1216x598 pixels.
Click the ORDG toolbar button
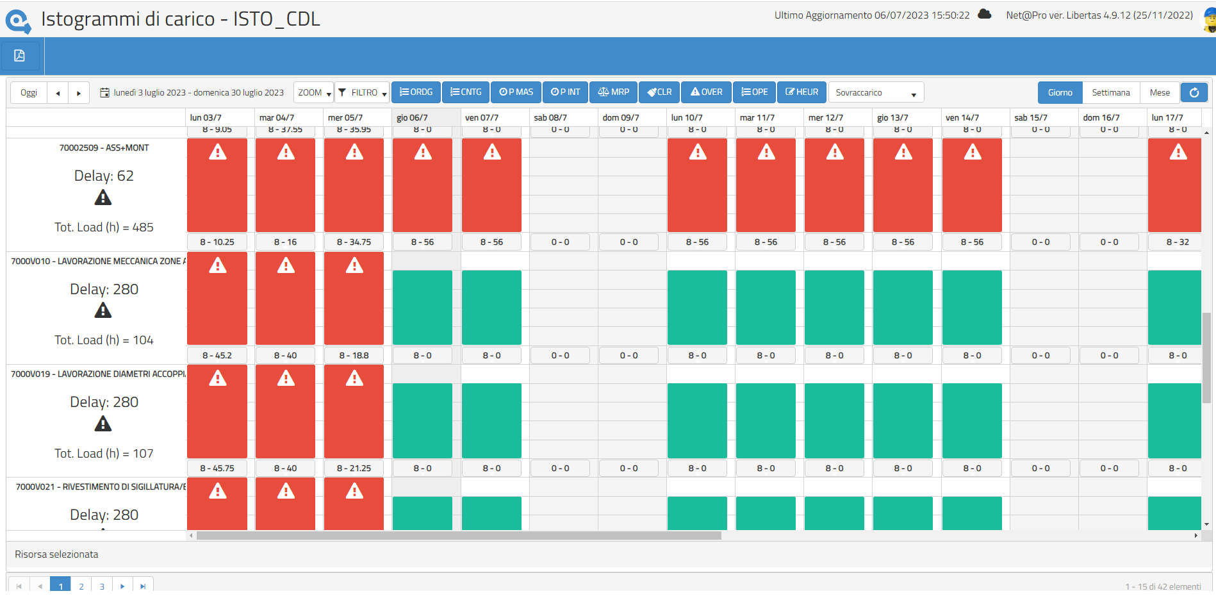pyautogui.click(x=416, y=92)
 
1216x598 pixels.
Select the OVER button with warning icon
pyautogui.click(x=706, y=92)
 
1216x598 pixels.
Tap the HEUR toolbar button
pyautogui.click(x=801, y=92)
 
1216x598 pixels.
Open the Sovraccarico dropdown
pyautogui.click(x=875, y=93)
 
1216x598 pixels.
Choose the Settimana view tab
pyautogui.click(x=1110, y=93)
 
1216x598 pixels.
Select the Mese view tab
pyautogui.click(x=1159, y=93)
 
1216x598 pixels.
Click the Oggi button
pyautogui.click(x=29, y=93)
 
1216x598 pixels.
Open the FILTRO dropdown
pyautogui.click(x=363, y=93)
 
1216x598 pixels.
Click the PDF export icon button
pyautogui.click(x=20, y=56)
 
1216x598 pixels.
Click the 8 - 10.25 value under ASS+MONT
pyautogui.click(x=217, y=242)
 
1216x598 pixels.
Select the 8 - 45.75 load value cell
pyautogui.click(x=217, y=469)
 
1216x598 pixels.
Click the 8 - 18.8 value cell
pyautogui.click(x=354, y=356)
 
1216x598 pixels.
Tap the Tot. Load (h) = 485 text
pyautogui.click(x=104, y=228)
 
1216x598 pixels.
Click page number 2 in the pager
pyautogui.click(x=81, y=586)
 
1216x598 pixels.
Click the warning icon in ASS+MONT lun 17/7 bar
pyautogui.click(x=1178, y=153)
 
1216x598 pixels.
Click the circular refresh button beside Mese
pyautogui.click(x=1194, y=93)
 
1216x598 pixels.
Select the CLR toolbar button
pyautogui.click(x=659, y=92)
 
